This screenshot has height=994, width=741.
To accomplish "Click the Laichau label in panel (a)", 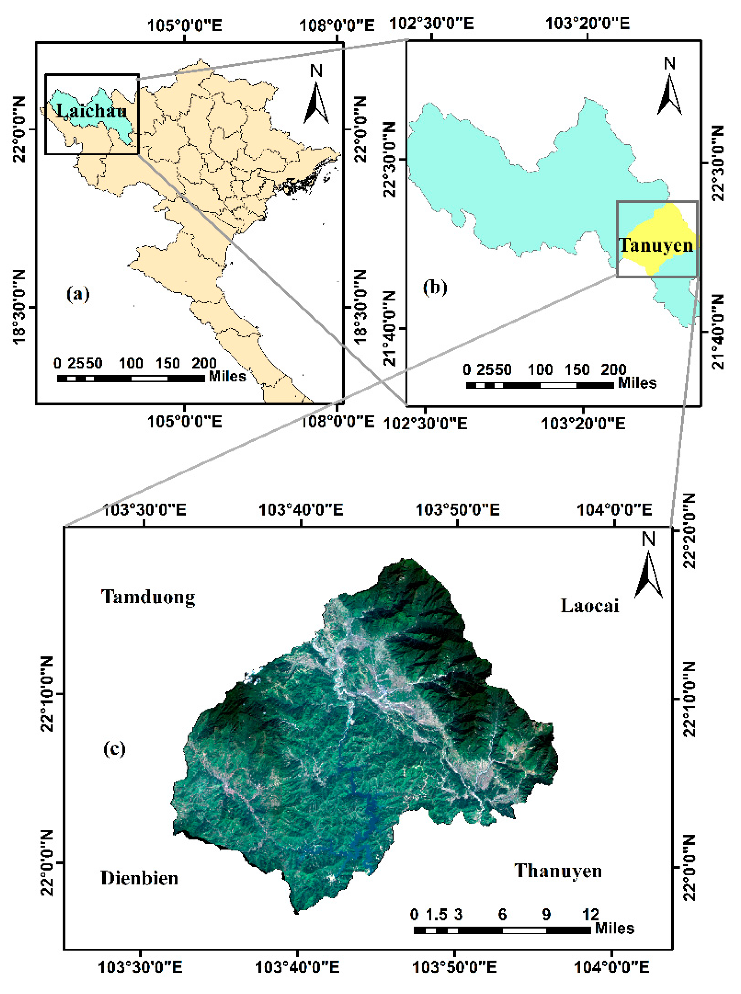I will (x=91, y=111).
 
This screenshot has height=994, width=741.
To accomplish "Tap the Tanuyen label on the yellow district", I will (x=656, y=245).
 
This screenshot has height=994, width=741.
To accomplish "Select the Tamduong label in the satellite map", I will (x=148, y=597).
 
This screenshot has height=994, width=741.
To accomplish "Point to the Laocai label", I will (x=589, y=606).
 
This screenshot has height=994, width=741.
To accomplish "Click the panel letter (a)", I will (x=78, y=294).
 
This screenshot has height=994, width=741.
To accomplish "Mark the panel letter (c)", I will (x=114, y=748).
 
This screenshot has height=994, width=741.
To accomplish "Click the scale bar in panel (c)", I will (x=502, y=930).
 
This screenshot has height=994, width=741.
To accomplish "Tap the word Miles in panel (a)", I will (x=227, y=376).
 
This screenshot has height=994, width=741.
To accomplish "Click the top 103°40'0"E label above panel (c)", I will (x=301, y=510).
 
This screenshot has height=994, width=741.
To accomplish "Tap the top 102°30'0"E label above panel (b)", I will (x=431, y=23).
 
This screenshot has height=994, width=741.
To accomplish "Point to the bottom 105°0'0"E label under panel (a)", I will (x=184, y=421).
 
